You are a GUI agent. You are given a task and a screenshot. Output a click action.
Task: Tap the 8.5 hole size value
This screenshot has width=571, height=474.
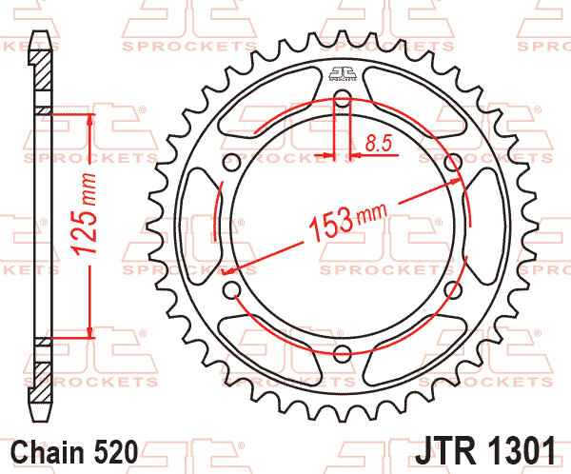coord(379,145)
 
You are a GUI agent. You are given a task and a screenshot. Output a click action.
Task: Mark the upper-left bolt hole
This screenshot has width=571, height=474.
coord(230,161)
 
